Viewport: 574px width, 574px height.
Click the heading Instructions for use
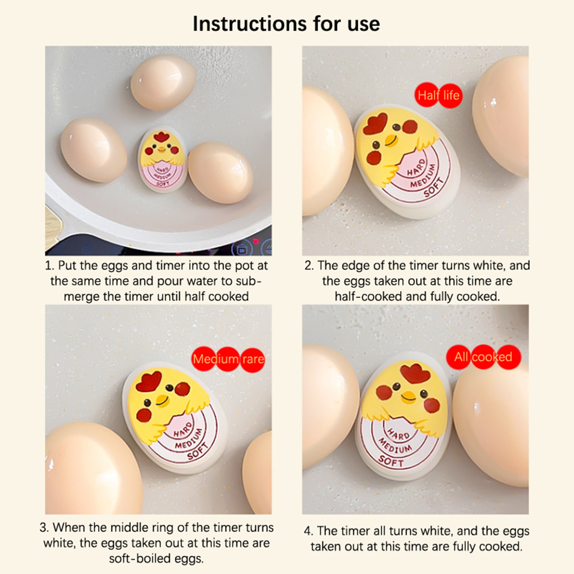coord(286,24)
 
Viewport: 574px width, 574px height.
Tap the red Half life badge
coord(438,95)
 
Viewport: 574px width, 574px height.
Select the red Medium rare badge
coord(229,359)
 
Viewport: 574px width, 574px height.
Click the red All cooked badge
coord(483,357)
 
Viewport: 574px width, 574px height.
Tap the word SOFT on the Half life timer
coord(433,188)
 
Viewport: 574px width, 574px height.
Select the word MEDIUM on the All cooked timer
coord(396,446)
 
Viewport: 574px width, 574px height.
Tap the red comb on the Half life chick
coord(375,123)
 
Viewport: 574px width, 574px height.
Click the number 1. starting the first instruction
coord(50,266)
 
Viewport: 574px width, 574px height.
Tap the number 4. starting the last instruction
coord(309,531)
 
